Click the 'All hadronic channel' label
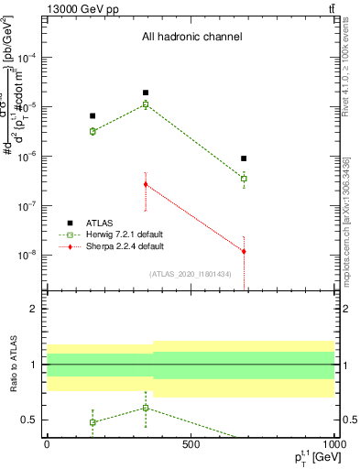click(x=191, y=38)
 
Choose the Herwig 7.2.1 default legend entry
click(x=125, y=234)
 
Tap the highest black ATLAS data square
click(x=146, y=93)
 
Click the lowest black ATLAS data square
click(x=244, y=158)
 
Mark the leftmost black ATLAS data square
click(x=93, y=115)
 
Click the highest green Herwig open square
click(x=146, y=104)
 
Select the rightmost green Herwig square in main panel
click(x=244, y=179)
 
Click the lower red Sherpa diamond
click(x=244, y=251)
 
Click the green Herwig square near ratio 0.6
click(x=146, y=408)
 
